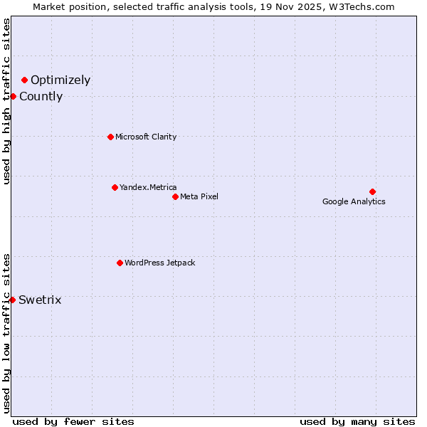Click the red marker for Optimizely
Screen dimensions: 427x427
24,80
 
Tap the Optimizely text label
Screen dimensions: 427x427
60,80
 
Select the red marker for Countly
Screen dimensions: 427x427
13,96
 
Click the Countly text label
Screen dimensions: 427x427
41,97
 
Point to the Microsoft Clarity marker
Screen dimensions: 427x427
110,137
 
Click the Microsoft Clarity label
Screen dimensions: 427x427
146,137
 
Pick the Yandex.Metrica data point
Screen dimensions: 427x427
115,187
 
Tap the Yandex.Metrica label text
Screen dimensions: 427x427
148,187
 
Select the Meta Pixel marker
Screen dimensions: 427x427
175,196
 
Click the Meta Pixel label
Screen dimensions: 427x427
199,196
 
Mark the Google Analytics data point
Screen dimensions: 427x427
372,191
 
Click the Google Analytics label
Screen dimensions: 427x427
354,201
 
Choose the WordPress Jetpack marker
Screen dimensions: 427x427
120,263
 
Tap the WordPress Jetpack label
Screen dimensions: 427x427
159,263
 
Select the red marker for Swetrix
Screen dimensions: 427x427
13,300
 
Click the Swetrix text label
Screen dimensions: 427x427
40,300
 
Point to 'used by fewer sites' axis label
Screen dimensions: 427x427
73,421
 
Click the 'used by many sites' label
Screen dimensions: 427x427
357,421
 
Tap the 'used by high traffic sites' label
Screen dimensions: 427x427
7,101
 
